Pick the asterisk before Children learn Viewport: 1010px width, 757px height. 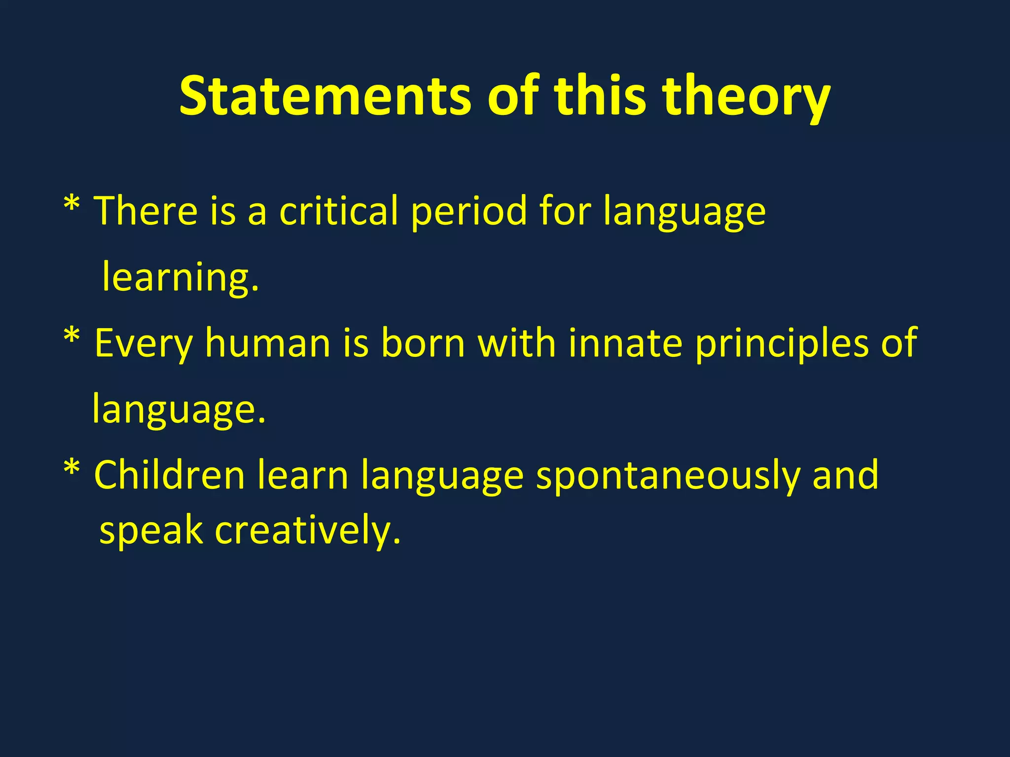72,469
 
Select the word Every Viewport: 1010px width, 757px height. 143,344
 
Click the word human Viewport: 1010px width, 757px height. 267,343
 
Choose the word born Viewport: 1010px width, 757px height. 423,343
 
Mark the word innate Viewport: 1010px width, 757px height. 625,343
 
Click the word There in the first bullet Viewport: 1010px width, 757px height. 146,211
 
